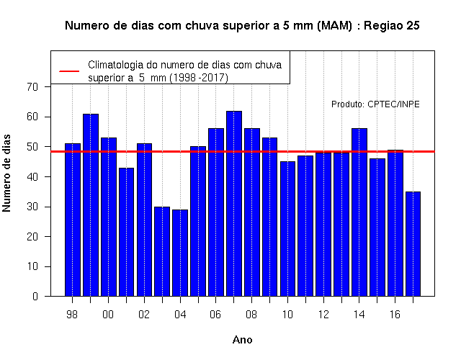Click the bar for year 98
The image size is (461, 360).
pos(73,220)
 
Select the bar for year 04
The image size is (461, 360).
pos(180,253)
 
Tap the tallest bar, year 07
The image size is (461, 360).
pos(234,204)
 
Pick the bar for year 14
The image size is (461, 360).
pos(359,212)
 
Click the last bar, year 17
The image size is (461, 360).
pos(413,244)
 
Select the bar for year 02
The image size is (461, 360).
pos(144,220)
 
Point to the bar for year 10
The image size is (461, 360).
pos(287,229)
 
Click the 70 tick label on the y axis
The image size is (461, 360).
pos(32,87)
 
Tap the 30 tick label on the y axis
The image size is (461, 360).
pos(32,207)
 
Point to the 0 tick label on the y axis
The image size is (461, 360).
pos(35,296)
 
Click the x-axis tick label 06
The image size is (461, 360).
pos(215,315)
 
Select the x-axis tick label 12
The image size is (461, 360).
pos(323,315)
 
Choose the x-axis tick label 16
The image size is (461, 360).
pos(395,315)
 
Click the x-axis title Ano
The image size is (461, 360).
pos(242,340)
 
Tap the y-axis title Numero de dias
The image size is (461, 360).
pos(6,173)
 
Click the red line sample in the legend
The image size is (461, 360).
pos(69,71)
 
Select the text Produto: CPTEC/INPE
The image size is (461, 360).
pos(375,104)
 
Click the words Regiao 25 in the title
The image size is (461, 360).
pos(392,26)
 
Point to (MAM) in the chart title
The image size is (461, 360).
pos(334,26)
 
